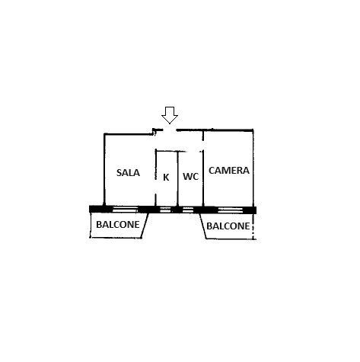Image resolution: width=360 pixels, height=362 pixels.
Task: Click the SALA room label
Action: click(x=128, y=173)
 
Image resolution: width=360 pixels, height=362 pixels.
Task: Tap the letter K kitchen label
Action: click(x=166, y=178)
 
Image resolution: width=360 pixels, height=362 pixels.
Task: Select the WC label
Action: click(x=190, y=176)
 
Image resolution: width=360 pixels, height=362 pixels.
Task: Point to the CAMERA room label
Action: click(x=229, y=170)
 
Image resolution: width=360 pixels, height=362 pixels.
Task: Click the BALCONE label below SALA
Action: click(x=118, y=225)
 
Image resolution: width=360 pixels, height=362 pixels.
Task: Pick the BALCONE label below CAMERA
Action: click(x=228, y=226)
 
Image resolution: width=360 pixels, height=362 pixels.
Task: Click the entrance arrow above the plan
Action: click(x=170, y=115)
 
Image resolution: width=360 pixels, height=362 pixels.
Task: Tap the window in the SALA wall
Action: click(x=125, y=210)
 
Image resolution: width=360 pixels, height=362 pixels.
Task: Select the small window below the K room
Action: click(x=165, y=210)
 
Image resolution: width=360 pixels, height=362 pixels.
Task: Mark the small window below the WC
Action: click(x=188, y=210)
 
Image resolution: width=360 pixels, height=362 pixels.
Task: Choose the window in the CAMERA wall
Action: click(x=231, y=210)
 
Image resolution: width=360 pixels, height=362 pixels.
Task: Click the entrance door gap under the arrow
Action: click(x=170, y=130)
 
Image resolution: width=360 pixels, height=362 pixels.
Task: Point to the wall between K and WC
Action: click(x=178, y=178)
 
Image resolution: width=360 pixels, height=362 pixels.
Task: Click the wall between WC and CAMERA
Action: click(x=203, y=178)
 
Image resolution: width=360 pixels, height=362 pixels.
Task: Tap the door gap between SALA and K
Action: click(x=155, y=187)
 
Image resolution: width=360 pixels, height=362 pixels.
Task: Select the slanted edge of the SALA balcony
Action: click(x=145, y=226)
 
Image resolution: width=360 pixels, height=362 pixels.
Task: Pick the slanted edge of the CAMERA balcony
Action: click(x=203, y=226)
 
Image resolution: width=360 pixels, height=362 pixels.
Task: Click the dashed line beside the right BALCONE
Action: click(x=253, y=226)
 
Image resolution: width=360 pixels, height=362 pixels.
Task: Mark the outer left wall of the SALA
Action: click(x=104, y=169)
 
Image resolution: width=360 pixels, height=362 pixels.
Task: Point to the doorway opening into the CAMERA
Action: click(x=203, y=146)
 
